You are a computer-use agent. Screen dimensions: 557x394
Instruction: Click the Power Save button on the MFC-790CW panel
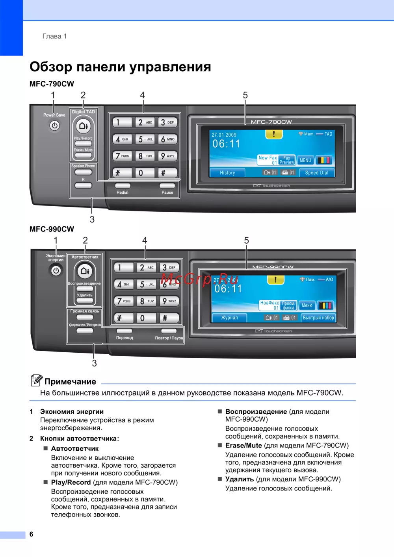click(x=54, y=126)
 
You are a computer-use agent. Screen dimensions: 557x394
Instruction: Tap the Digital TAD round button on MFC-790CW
click(x=84, y=126)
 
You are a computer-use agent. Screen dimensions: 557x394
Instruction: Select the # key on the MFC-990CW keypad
click(x=165, y=318)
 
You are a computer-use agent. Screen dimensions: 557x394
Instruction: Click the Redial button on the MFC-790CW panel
click(x=123, y=186)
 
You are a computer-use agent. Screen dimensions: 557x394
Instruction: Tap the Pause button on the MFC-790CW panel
click(x=167, y=186)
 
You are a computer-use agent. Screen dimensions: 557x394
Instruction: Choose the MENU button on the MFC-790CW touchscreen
click(x=305, y=160)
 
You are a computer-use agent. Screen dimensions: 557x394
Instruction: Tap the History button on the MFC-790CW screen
click(x=227, y=173)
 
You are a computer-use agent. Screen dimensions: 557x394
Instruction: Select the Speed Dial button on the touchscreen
click(x=317, y=173)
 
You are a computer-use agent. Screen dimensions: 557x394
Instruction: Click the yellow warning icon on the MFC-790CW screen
click(x=274, y=134)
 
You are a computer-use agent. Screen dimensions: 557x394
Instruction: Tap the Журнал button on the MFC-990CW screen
click(x=229, y=318)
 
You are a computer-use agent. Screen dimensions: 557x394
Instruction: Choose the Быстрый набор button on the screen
click(x=318, y=318)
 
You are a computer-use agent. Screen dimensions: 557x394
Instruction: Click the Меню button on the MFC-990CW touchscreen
click(x=307, y=305)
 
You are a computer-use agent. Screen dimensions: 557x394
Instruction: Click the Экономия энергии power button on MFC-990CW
click(x=56, y=271)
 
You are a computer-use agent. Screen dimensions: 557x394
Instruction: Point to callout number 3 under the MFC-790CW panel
click(x=92, y=219)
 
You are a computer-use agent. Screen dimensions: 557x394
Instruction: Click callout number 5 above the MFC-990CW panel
click(x=246, y=240)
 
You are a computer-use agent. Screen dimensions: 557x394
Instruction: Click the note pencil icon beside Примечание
click(x=36, y=380)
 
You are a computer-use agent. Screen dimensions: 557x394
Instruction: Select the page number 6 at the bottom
click(x=32, y=534)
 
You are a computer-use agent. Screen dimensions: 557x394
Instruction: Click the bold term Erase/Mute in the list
click(x=243, y=446)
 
